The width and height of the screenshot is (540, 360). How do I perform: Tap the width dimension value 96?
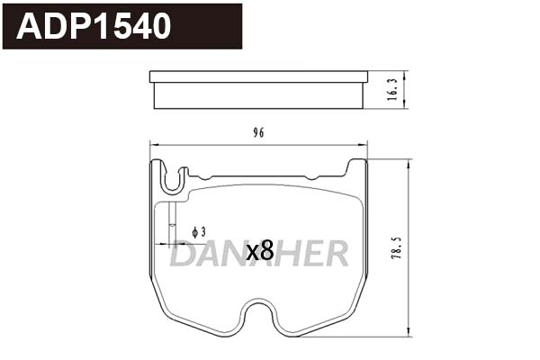[x=258, y=133]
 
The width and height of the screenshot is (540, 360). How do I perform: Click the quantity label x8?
[x=259, y=252]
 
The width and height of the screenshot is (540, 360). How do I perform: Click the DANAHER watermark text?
[x=259, y=255]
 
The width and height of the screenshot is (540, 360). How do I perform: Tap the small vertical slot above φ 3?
[x=171, y=217]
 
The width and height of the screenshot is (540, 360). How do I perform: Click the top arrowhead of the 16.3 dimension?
[x=405, y=75]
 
